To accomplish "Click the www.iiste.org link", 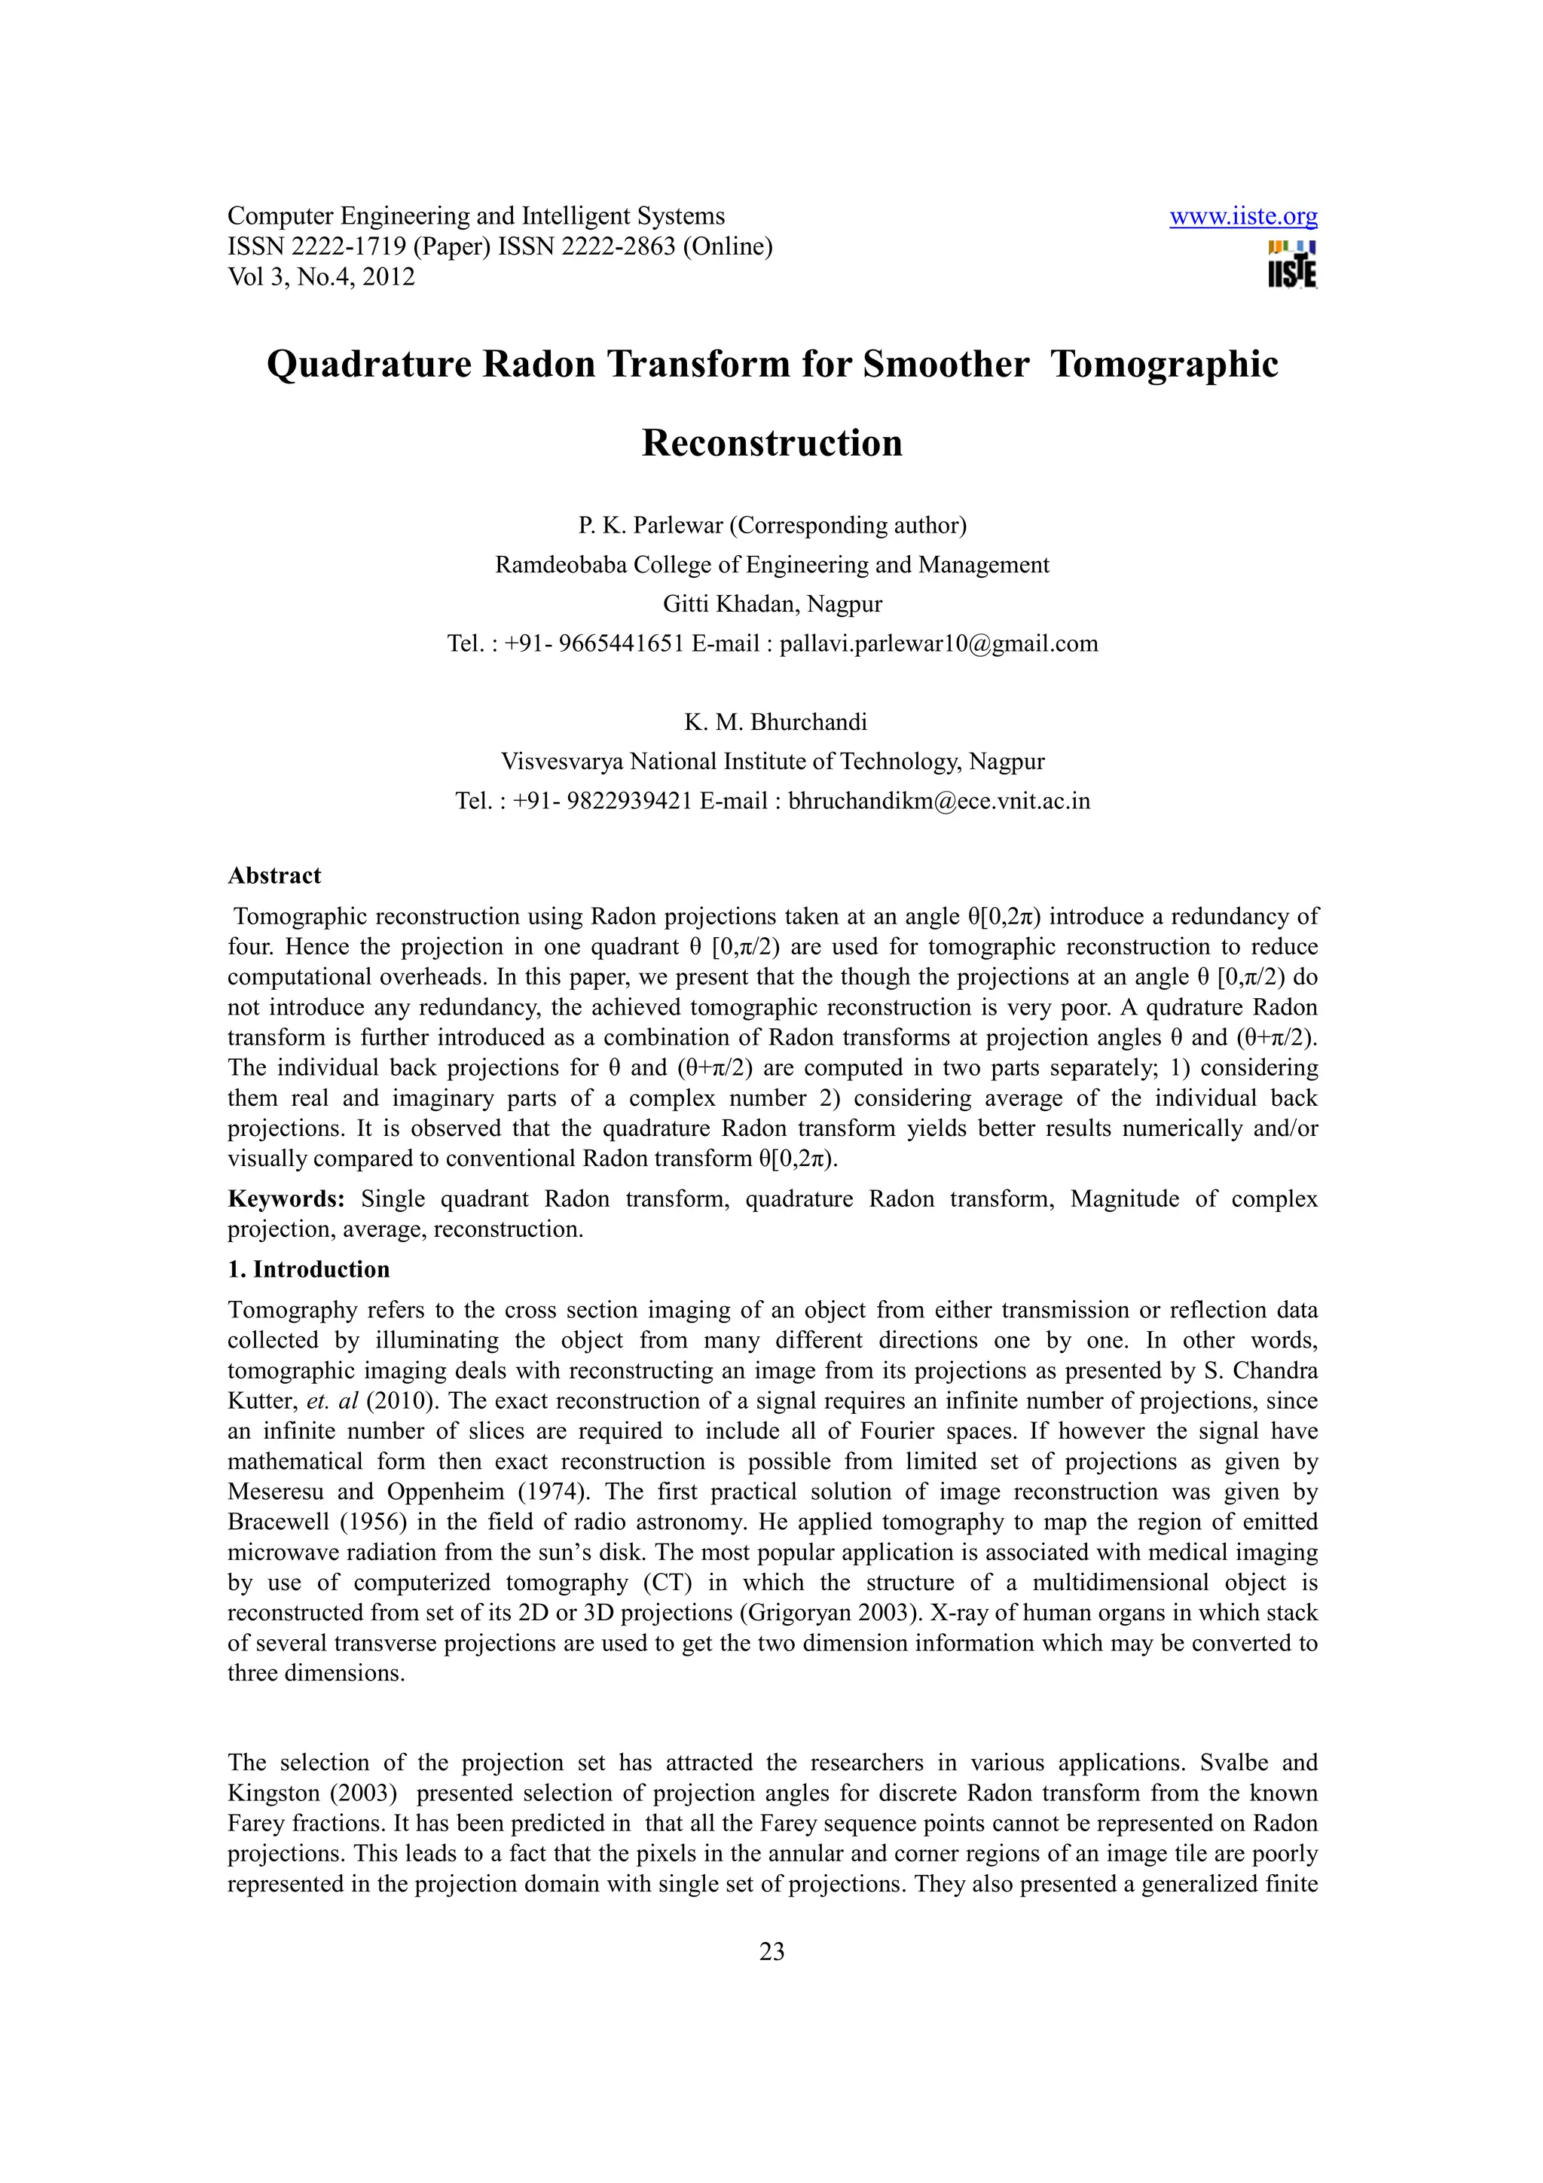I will (x=1242, y=217).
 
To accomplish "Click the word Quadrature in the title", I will (x=369, y=364).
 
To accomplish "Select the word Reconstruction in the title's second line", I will (x=772, y=443).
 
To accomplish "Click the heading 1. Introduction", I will (x=309, y=1269).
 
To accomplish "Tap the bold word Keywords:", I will (x=286, y=1199).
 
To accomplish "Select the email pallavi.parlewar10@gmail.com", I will (x=938, y=644).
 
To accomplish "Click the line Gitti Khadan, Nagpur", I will (x=772, y=603).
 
